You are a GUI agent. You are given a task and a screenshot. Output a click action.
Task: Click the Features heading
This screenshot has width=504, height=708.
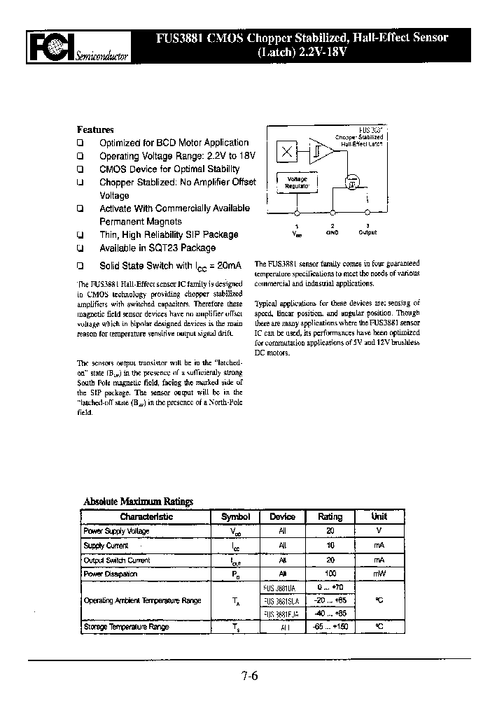94,129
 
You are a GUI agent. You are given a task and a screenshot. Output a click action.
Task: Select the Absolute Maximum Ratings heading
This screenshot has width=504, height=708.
138,502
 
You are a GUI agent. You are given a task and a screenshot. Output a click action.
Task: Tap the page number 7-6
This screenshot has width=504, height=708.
250,676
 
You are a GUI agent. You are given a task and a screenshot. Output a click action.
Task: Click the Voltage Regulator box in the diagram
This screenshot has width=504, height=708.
297,183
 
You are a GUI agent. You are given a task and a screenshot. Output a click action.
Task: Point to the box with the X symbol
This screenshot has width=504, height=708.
287,151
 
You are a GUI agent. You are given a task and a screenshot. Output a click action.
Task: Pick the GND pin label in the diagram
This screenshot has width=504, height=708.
332,232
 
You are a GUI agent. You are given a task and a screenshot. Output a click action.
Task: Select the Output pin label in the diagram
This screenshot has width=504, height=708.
368,232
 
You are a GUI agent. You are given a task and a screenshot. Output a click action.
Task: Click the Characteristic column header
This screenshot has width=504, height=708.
146,517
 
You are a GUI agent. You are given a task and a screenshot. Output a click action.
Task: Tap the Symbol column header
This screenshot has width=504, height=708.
235,517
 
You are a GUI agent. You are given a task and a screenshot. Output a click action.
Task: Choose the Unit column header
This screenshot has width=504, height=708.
379,517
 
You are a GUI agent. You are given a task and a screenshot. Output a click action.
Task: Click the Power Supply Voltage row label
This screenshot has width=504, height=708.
116,532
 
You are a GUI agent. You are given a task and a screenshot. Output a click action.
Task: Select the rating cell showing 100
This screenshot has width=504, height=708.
330,574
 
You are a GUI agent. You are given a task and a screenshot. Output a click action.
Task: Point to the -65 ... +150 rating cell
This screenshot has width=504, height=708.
330,628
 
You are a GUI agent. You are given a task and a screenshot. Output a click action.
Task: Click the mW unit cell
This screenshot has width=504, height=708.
379,574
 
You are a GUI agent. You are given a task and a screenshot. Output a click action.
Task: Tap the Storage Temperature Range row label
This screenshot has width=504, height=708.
126,628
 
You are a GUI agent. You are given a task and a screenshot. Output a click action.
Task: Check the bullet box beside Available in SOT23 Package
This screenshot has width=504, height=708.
80,248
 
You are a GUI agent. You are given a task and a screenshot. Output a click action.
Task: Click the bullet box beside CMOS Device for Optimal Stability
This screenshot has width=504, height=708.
80,169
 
